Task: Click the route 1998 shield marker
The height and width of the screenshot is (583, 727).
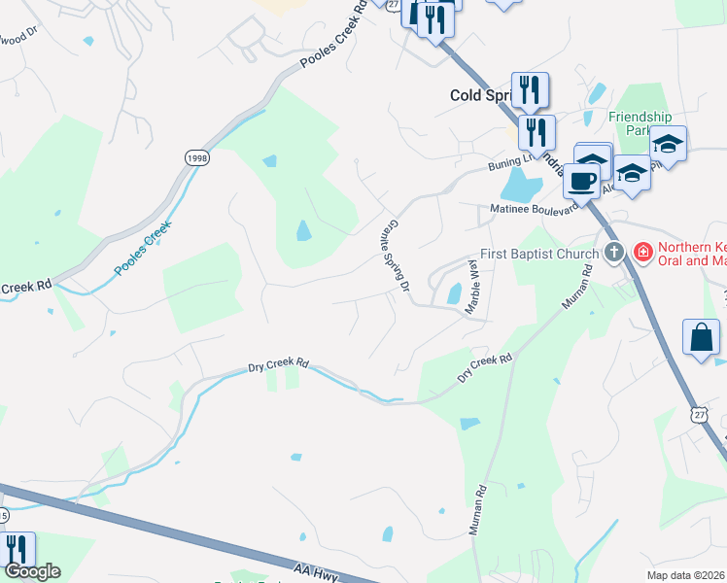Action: (x=197, y=157)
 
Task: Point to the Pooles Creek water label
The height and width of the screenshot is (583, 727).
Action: (x=142, y=249)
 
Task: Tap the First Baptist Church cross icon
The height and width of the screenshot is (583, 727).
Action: (x=613, y=254)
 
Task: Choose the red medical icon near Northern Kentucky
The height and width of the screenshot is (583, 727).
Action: (x=641, y=254)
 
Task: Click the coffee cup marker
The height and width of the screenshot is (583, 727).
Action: (x=583, y=181)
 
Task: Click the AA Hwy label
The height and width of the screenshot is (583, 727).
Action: (x=314, y=570)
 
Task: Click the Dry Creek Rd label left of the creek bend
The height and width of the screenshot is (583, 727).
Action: (x=278, y=365)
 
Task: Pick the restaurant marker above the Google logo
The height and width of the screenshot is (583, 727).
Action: (x=17, y=549)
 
